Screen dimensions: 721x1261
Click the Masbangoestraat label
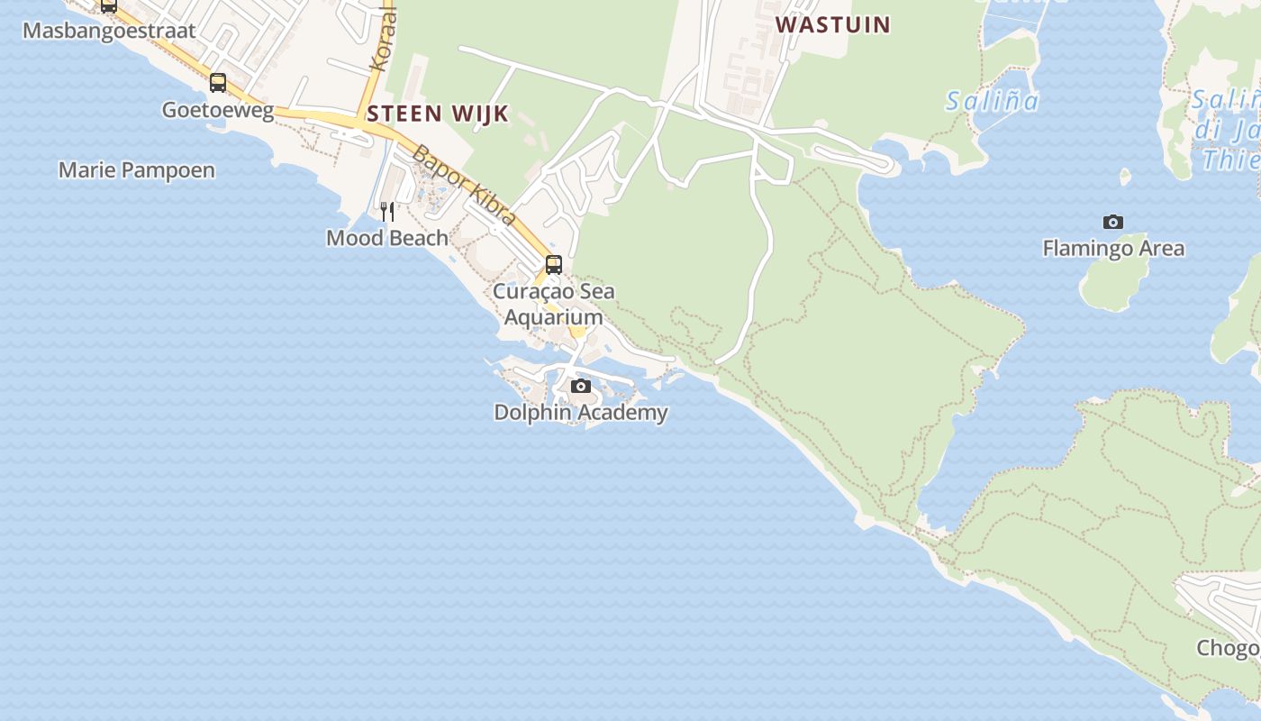coord(109,31)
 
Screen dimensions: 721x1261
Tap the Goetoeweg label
coord(218,110)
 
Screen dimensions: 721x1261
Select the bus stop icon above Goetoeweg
coord(218,83)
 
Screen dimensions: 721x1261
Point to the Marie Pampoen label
coord(137,170)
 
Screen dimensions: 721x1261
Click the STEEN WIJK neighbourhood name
coord(438,114)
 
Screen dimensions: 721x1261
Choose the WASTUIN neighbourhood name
coord(833,24)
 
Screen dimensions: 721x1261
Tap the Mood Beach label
coord(387,238)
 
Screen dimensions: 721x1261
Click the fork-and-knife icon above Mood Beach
coord(387,212)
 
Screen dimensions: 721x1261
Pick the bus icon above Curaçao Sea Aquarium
coord(554,265)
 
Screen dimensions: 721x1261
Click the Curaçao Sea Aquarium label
coord(554,304)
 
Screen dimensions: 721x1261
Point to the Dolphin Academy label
coord(581,413)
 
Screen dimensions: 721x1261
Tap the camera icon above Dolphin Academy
coord(581,387)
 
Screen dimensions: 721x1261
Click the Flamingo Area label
coord(1113,248)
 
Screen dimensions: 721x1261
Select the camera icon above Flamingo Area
coord(1113,222)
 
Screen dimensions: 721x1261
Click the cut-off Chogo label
coord(1228,648)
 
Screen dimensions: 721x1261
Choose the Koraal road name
coord(383,41)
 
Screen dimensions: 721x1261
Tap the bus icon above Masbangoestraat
coord(109,5)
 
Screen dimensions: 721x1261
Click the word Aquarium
coord(553,317)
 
